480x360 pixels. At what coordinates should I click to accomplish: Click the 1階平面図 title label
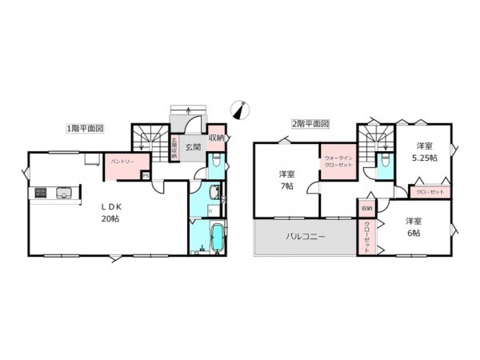point(86,128)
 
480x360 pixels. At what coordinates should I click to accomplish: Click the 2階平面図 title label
point(310,124)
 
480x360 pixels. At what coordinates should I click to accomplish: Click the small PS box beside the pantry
point(145,175)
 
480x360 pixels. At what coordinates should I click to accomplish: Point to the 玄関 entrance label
point(193,146)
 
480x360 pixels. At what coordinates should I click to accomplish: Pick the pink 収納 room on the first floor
point(217,138)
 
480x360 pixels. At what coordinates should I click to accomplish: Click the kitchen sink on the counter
point(63,192)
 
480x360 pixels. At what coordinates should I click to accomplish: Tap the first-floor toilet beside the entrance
point(214,166)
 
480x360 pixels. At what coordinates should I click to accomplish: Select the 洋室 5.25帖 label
point(424,152)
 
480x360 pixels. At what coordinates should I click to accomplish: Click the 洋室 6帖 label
point(414,226)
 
